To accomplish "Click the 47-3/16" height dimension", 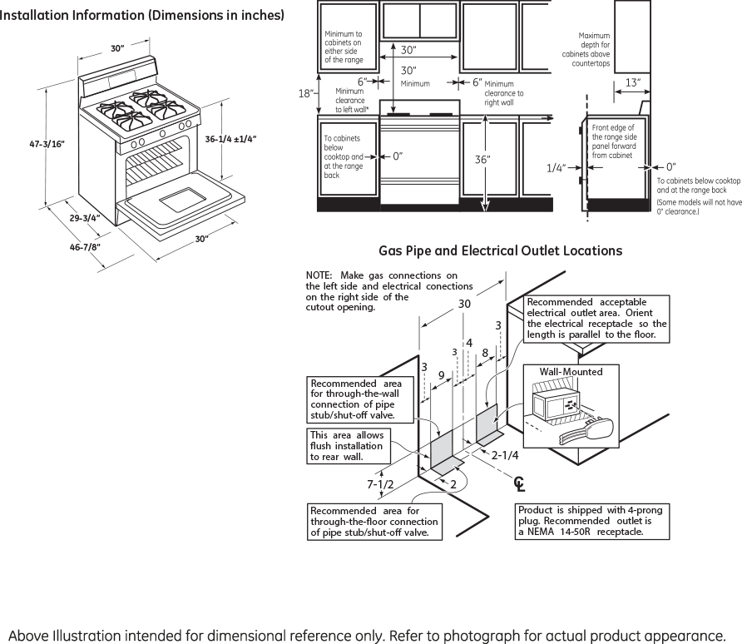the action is pos(47,144).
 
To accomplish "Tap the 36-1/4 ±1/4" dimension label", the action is pos(230,139).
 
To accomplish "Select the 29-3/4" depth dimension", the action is pos(85,218).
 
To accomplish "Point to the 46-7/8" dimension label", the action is pos(85,247).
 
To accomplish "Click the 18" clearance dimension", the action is pos(306,93).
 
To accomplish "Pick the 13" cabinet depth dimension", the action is pos(633,82).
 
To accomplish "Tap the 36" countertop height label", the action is pos(482,160).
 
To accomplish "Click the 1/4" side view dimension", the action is pos(556,168).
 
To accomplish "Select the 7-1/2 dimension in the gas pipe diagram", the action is pos(380,484).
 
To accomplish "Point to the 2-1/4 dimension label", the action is pos(505,455).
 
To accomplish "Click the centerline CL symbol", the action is pos(520,483).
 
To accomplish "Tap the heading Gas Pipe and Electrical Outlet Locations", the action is pos(500,250).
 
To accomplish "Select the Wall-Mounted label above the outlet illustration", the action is pos(571,372).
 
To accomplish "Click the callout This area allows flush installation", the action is pos(349,446).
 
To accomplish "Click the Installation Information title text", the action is pos(142,16).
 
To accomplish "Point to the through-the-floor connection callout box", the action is pos(374,522).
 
